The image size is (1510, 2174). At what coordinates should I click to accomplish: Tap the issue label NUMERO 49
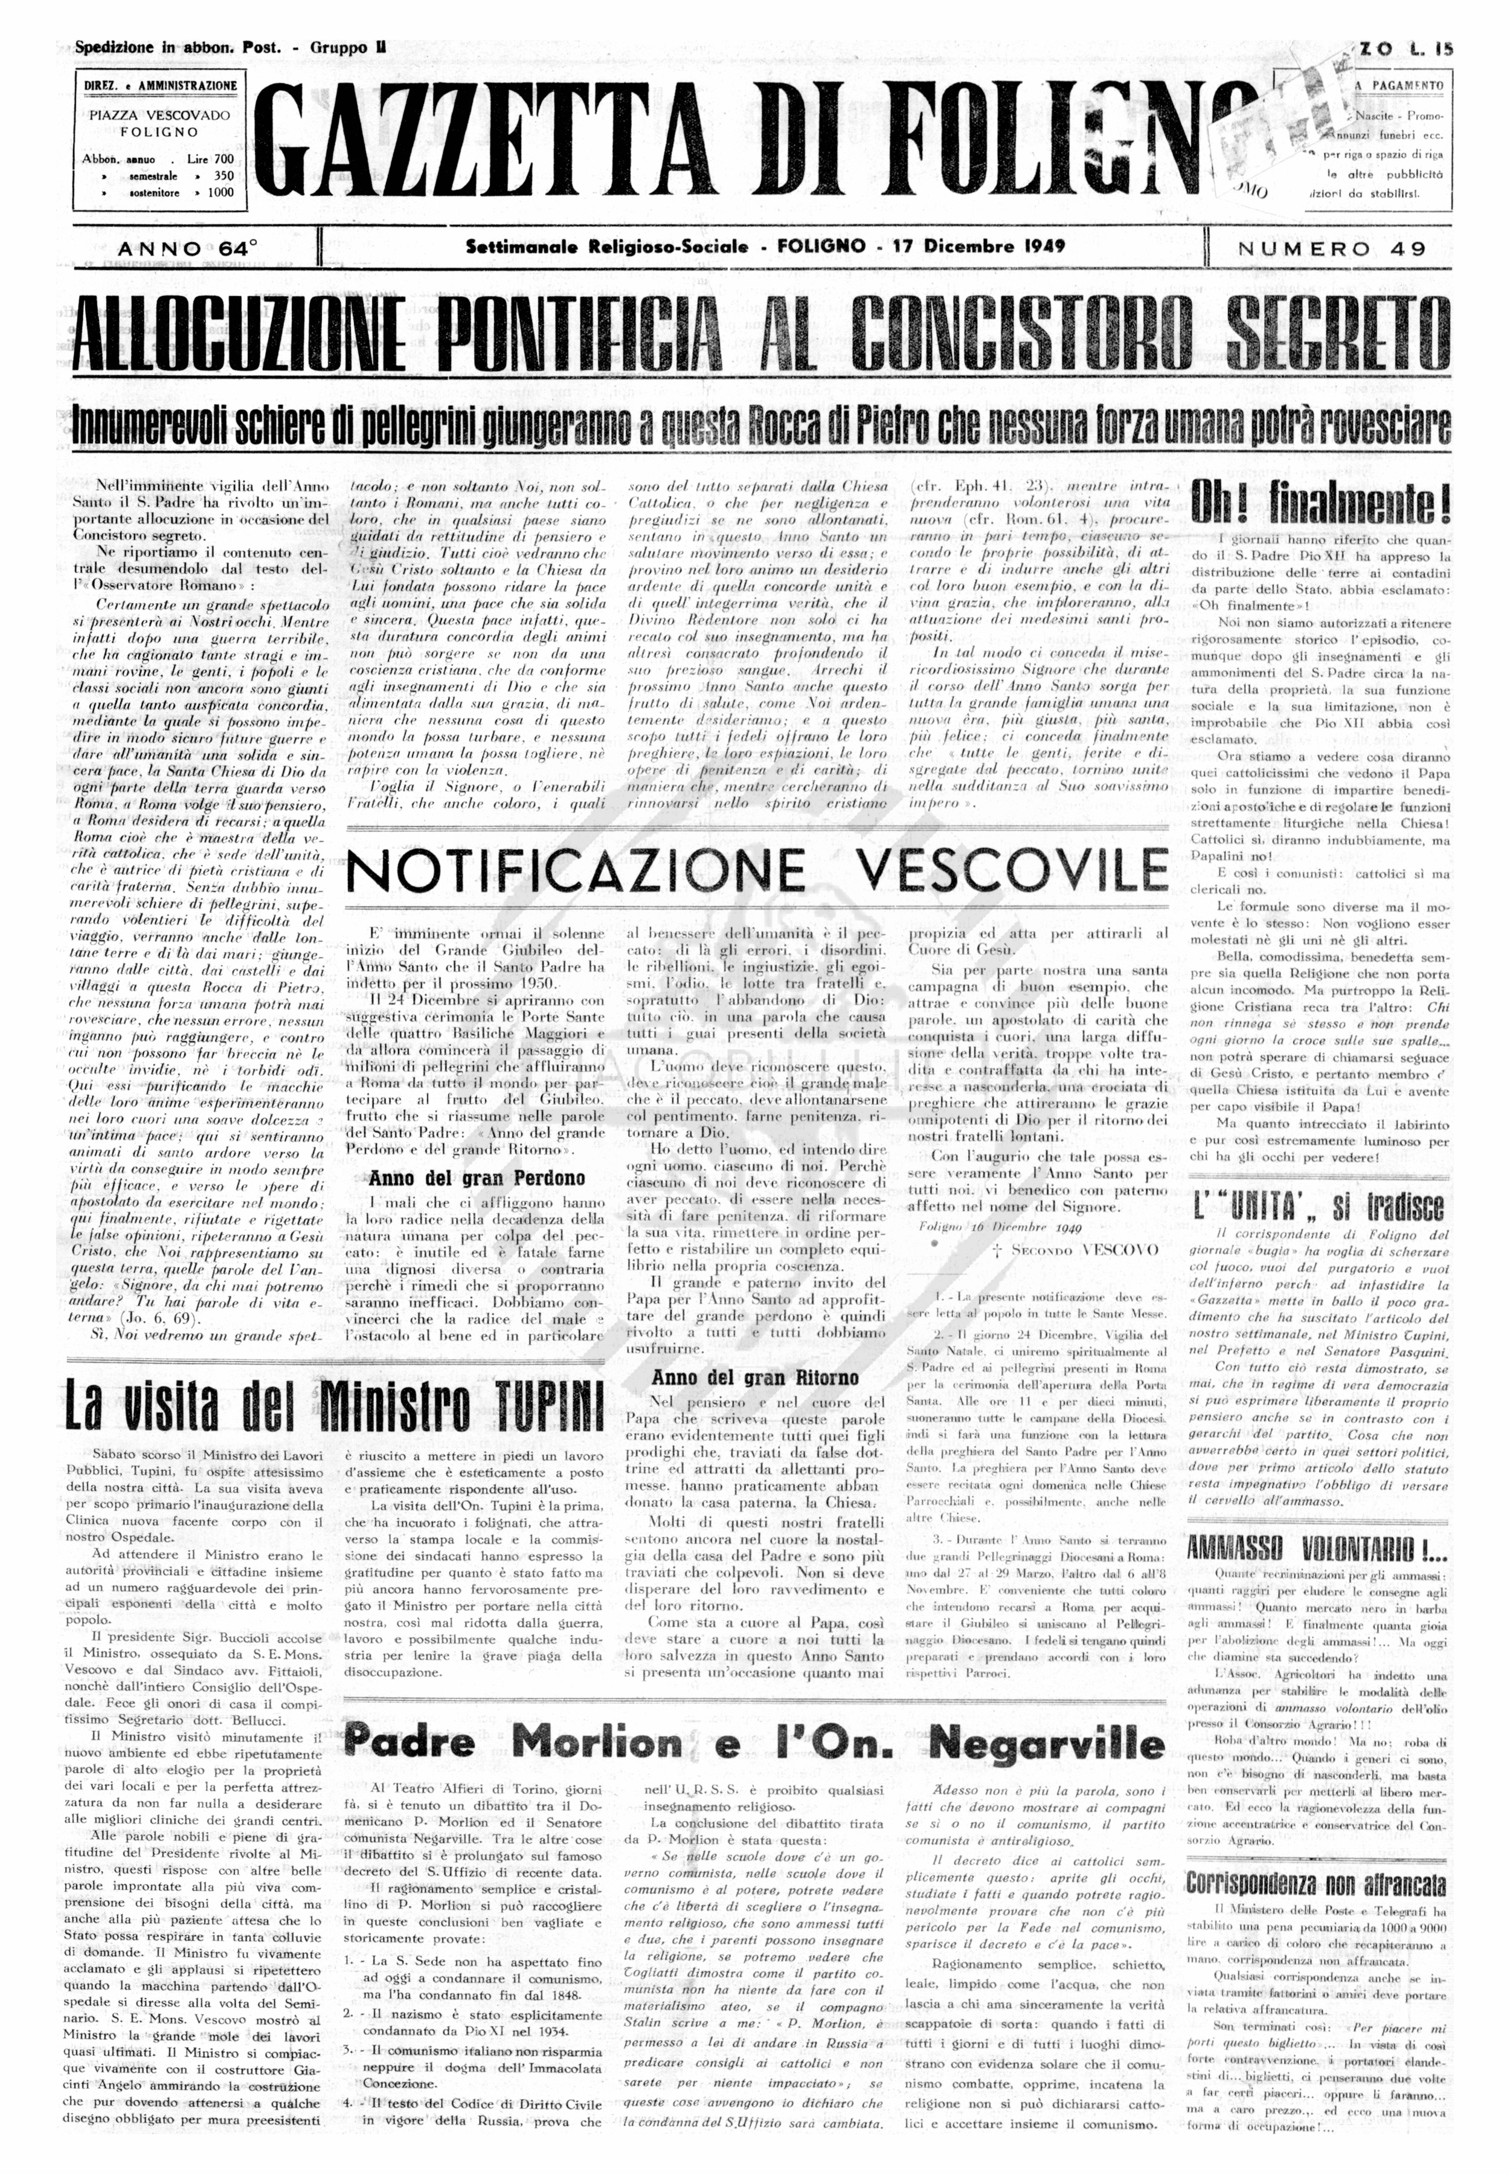pos(1330,249)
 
